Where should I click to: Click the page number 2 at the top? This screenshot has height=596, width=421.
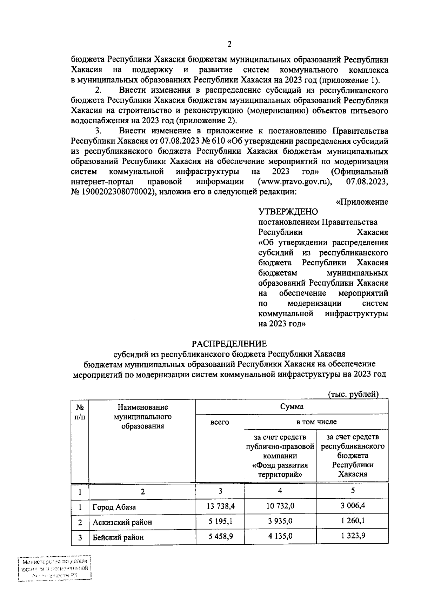(x=229, y=45)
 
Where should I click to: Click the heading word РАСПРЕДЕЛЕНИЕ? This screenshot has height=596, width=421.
(x=229, y=344)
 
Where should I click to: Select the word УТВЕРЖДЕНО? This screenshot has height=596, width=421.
(x=288, y=212)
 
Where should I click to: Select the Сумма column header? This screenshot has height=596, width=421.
(x=292, y=406)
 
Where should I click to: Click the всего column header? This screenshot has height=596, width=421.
(x=220, y=422)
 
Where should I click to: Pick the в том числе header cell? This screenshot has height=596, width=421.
(x=316, y=422)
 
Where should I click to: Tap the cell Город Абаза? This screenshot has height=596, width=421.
(x=114, y=507)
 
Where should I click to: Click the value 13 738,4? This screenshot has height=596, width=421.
(x=220, y=506)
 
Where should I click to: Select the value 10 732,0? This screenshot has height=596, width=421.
(x=280, y=506)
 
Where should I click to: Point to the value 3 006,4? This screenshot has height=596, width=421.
(x=353, y=506)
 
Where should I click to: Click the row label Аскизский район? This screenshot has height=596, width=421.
(x=122, y=522)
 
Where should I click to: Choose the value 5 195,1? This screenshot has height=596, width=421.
(x=220, y=521)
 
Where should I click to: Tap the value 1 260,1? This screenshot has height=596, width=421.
(x=353, y=521)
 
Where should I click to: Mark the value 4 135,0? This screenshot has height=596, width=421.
(x=280, y=536)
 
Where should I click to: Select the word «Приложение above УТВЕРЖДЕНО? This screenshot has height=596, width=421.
(x=362, y=202)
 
